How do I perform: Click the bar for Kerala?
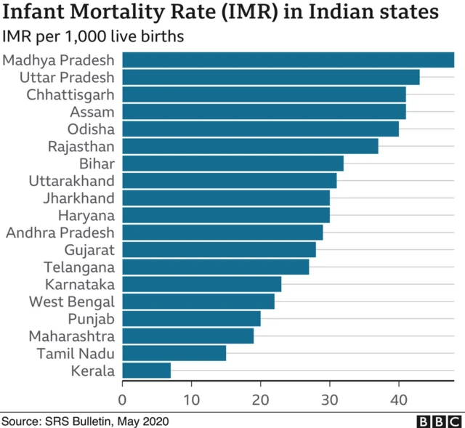(146, 371)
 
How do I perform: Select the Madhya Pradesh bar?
(288, 60)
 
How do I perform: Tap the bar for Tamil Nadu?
(174, 353)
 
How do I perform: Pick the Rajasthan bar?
(250, 146)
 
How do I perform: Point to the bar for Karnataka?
(201, 284)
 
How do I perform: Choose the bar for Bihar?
(232, 163)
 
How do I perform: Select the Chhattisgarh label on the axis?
(70, 94)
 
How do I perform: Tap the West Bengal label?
(72, 302)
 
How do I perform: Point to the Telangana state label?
(79, 267)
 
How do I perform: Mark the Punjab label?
(92, 319)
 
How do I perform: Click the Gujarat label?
(89, 250)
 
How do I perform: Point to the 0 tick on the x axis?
(122, 398)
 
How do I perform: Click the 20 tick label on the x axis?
(260, 398)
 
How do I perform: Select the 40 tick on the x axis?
(398, 398)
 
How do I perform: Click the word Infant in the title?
(36, 13)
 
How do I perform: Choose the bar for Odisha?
(260, 129)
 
